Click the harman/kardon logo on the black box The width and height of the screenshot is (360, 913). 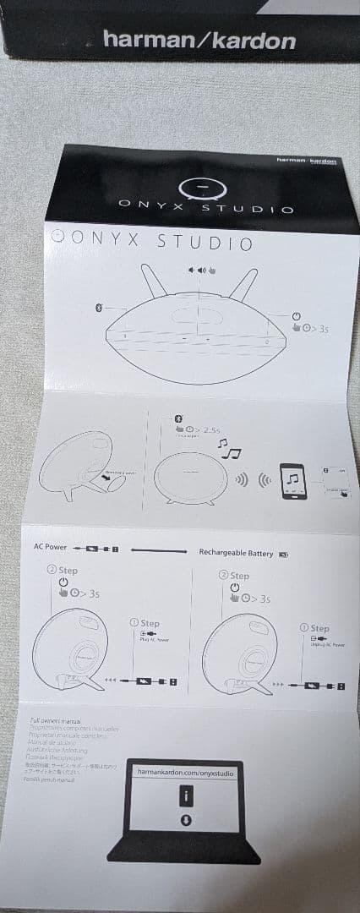[x=199, y=40]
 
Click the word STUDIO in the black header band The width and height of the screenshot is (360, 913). [x=247, y=209]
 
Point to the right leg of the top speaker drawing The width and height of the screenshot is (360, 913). [x=243, y=284]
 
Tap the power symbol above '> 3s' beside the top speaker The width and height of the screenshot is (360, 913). [x=296, y=317]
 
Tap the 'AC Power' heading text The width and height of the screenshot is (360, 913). [x=50, y=547]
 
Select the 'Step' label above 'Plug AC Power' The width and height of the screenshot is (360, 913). [x=150, y=623]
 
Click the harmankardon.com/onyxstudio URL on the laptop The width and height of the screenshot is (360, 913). [x=184, y=773]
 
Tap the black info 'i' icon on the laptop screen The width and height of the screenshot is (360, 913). [x=184, y=796]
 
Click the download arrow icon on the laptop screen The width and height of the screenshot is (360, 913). [x=184, y=820]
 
